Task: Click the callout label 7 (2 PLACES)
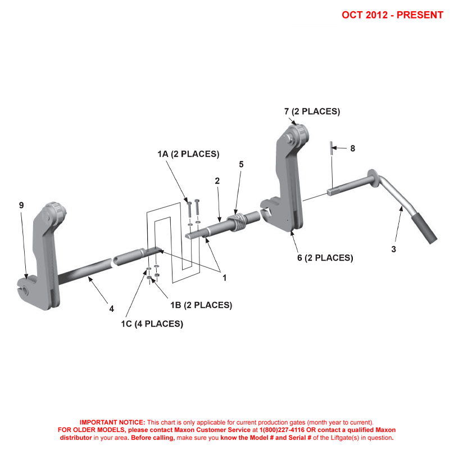click(312, 111)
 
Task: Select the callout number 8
click(352, 148)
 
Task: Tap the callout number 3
click(393, 249)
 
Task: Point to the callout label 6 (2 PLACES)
click(325, 258)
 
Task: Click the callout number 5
click(241, 165)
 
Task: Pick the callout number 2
click(217, 181)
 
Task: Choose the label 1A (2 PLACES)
click(188, 154)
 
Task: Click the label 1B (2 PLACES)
click(201, 305)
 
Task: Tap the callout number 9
click(21, 206)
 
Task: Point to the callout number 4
click(111, 308)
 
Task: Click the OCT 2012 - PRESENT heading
click(392, 15)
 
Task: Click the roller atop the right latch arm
click(298, 134)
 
